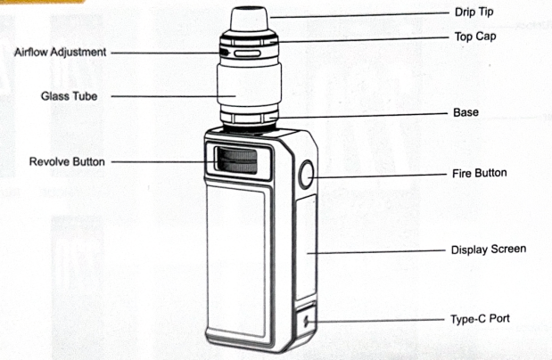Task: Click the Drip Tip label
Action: click(x=474, y=12)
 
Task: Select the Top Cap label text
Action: click(x=475, y=37)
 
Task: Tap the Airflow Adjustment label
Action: click(x=61, y=53)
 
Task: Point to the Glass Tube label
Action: click(x=69, y=96)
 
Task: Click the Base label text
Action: click(x=465, y=112)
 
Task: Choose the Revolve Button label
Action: click(x=67, y=162)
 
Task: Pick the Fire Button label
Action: click(x=480, y=173)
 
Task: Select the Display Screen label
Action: click(x=489, y=250)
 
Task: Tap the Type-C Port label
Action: click(x=480, y=319)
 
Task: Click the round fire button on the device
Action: click(x=306, y=174)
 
